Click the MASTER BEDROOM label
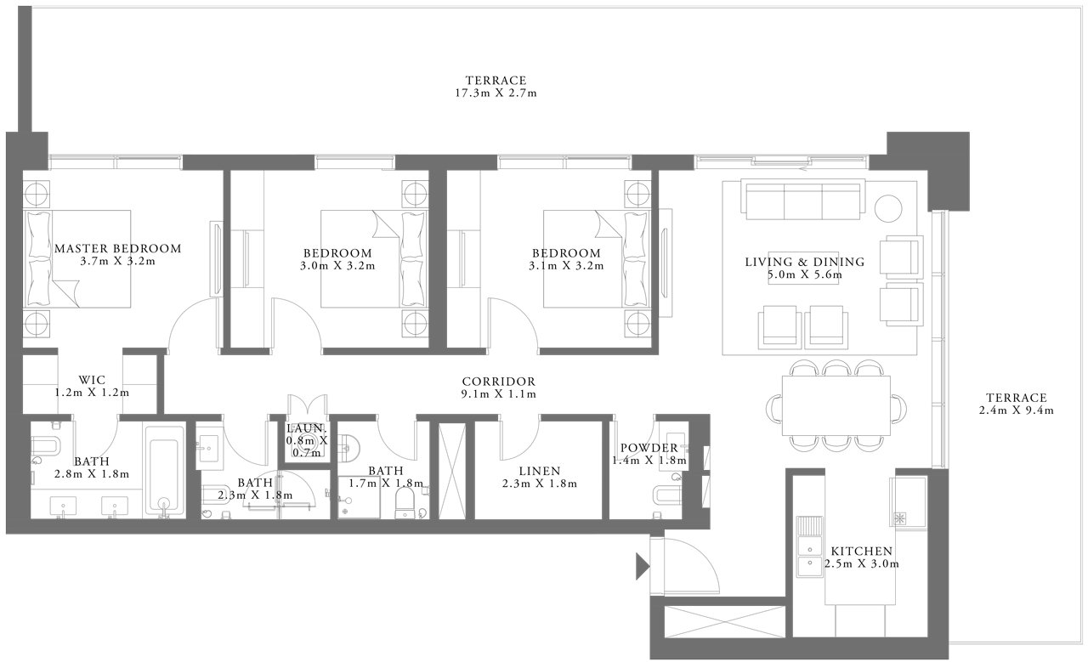[118, 249]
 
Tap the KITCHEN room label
[862, 552]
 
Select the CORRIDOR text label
[498, 382]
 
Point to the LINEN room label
[540, 471]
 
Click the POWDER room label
[649, 448]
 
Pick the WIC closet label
[92, 380]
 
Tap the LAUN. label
[306, 428]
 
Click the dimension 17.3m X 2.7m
[496, 93]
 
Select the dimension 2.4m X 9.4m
[1016, 410]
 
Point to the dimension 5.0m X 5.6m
[805, 274]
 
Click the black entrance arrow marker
[643, 566]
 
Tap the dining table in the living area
[836, 405]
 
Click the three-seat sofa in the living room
[803, 200]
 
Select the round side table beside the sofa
[888, 209]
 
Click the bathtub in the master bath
[165, 472]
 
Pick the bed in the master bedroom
[77, 259]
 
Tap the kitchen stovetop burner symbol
[902, 518]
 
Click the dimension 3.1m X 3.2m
[566, 266]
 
